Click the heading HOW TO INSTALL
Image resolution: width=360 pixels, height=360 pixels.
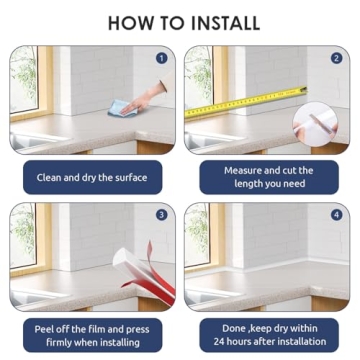[180, 21]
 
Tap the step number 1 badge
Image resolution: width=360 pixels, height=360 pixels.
[162, 58]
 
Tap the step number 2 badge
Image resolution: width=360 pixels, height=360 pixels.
[336, 58]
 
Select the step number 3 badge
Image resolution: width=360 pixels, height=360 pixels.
[162, 215]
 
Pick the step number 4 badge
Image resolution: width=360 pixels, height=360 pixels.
[336, 215]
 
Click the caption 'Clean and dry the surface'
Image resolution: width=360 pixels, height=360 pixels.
[92, 177]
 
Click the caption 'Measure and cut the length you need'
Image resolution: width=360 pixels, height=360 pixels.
[268, 177]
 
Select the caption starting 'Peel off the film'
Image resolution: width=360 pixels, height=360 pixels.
[92, 333]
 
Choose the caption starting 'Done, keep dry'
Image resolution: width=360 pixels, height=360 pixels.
[268, 333]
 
